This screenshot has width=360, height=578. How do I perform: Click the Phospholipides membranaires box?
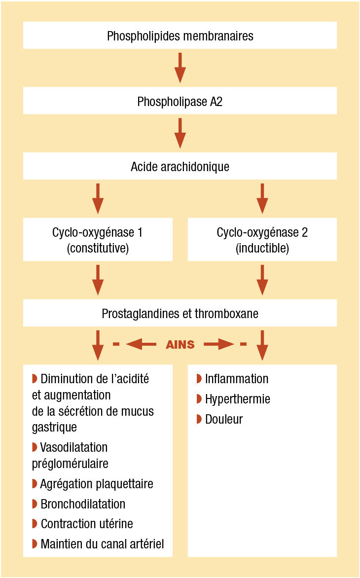[x=180, y=36]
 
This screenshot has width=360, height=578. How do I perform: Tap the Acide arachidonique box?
[x=180, y=166]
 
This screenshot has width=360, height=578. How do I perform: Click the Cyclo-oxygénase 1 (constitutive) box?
[x=98, y=240]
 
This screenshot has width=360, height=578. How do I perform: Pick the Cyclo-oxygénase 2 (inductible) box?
[x=262, y=240]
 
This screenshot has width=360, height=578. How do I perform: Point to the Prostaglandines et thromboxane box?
[x=180, y=313]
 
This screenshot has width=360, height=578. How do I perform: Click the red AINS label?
[x=180, y=345]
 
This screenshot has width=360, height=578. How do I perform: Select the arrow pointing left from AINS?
[x=141, y=345]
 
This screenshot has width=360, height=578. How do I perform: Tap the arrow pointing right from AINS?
[x=218, y=345]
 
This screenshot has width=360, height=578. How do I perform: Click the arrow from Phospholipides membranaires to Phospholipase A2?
[x=180, y=68]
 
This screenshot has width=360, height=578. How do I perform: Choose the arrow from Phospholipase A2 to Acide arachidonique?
[x=180, y=133]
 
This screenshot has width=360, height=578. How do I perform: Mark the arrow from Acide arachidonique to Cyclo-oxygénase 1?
[x=98, y=198]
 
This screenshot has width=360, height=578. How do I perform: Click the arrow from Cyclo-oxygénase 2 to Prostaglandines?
[x=262, y=280]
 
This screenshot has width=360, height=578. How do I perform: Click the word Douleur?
[x=224, y=419]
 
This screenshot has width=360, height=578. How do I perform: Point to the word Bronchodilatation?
[x=83, y=504]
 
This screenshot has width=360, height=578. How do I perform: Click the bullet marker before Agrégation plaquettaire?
[x=35, y=483]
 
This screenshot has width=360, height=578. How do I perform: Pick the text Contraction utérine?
[x=87, y=523]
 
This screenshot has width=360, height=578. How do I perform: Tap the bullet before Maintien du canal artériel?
[x=35, y=543]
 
